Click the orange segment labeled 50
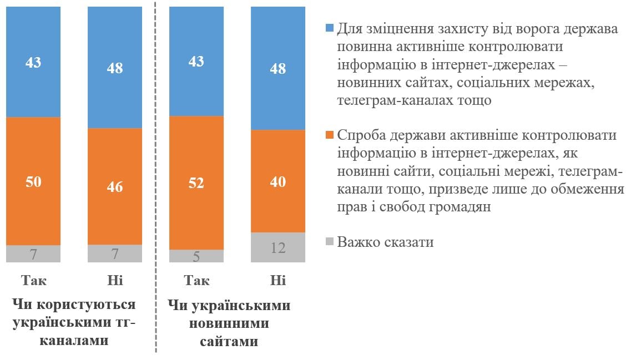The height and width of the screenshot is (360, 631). point(33,181)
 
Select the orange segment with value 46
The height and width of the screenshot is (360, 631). point(115,186)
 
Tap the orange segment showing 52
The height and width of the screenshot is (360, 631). point(196,182)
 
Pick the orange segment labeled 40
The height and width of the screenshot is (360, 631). point(278,181)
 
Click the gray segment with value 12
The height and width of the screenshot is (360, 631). point(278,247)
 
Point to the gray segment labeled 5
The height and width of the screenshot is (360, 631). point(196,256)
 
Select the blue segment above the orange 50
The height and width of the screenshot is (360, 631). point(33,62)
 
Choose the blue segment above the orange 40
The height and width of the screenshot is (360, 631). point(278,68)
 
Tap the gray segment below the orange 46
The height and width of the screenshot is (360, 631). point(115,253)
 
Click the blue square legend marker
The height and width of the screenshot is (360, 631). point(329,28)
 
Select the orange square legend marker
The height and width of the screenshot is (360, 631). point(329,135)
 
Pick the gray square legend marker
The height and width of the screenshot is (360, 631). point(329,242)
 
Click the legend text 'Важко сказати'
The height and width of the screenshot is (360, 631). point(385,242)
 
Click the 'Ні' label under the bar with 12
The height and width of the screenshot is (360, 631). point(278,280)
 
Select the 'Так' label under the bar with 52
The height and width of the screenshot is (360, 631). point(196,280)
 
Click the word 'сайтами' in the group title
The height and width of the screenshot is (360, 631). point(229,341)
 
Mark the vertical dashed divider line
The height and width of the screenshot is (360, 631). point(156,178)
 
